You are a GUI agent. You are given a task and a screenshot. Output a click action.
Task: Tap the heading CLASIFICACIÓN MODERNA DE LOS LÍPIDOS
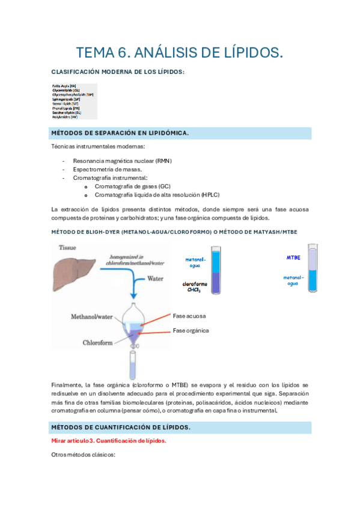click(x=118, y=72)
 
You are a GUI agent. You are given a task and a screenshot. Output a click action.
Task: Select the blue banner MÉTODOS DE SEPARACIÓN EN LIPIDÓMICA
click(x=120, y=133)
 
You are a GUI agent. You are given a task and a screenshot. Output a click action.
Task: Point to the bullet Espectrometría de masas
click(x=107, y=170)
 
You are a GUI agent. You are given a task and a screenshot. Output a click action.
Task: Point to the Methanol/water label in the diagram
click(x=93, y=316)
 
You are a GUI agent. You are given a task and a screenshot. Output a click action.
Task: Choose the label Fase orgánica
click(x=191, y=330)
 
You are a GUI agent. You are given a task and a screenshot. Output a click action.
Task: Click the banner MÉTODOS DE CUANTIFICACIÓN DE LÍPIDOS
click(x=122, y=427)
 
